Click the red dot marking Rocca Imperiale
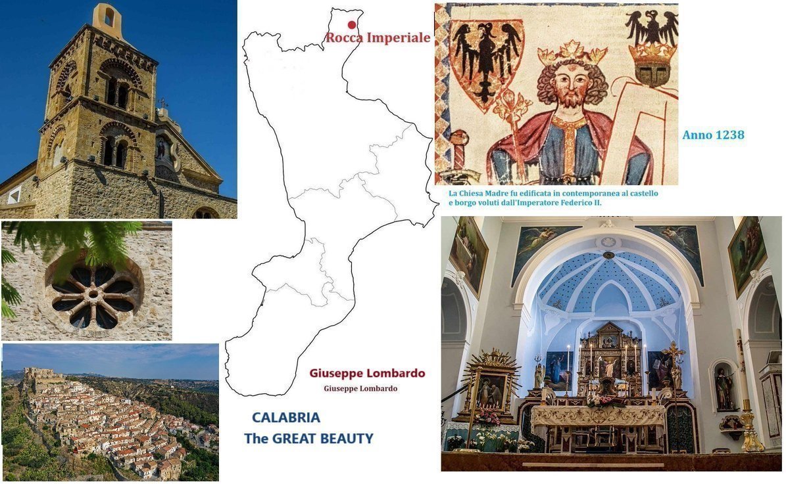tap(352, 25)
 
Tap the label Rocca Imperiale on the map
tap(378, 38)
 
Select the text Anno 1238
tap(713, 135)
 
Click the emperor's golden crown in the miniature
tap(572, 53)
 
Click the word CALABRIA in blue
tap(286, 418)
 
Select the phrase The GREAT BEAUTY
tap(308, 438)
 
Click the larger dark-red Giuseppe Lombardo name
tap(367, 373)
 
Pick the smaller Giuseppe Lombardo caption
tap(360, 389)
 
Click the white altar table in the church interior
tap(597, 415)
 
